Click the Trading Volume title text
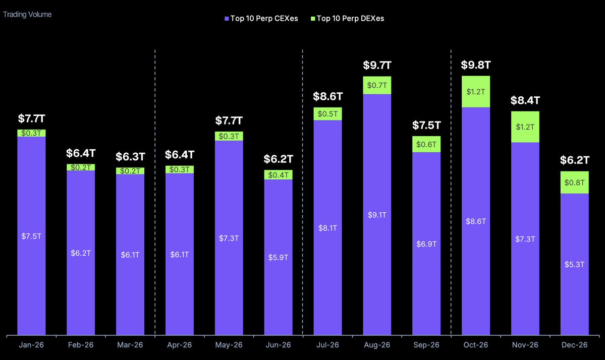27,15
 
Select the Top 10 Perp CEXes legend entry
261,19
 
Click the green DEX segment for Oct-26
476,92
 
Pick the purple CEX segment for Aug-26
377,214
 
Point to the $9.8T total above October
476,65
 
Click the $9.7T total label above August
377,66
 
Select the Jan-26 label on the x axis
31,345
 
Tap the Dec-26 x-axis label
574,345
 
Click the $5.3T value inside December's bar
574,264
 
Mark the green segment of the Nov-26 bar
525,127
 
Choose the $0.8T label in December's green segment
574,183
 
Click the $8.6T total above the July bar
327,96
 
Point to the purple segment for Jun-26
278,257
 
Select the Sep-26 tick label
426,345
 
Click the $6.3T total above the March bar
130,156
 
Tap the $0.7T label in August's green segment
377,85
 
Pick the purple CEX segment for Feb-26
81,252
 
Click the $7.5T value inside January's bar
31,236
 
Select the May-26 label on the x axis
229,345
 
